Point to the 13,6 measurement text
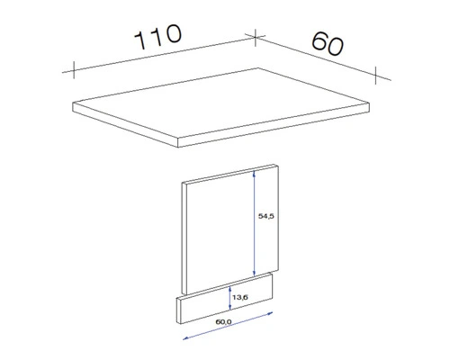[239, 292]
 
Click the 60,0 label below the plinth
[223, 321]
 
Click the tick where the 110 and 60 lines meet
[255, 36]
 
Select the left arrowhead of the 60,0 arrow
[185, 339]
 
